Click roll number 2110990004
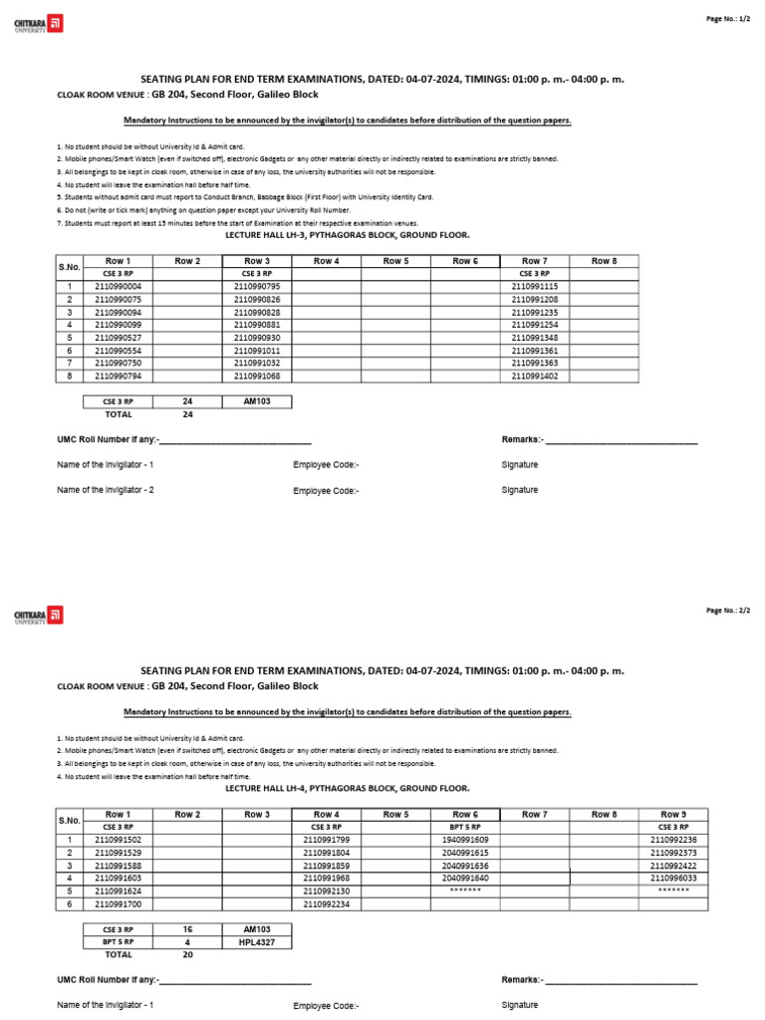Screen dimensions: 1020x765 pos(118,286)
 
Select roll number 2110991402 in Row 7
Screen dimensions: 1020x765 pos(534,377)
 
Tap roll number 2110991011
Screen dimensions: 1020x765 pos(257,351)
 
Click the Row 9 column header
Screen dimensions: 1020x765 pos(673,815)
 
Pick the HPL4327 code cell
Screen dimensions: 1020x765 pos(257,940)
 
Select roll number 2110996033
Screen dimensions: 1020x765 pos(673,879)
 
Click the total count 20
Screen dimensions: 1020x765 pos(187,953)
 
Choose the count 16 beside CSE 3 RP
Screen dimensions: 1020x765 pos(187,927)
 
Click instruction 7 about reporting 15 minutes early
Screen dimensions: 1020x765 pos(237,223)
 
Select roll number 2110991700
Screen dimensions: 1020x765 pos(118,904)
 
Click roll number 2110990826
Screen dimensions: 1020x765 pos(257,299)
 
